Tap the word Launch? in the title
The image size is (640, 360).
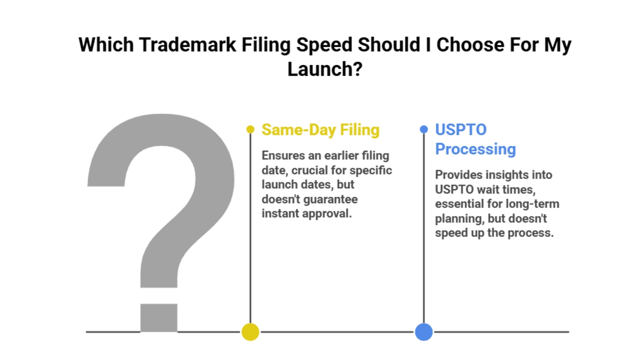point(324,69)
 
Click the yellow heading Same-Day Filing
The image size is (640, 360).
point(320,129)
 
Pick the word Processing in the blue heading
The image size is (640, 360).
point(475,149)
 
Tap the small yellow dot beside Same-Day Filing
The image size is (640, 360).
point(250,129)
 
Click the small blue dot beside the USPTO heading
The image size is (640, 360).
point(423,129)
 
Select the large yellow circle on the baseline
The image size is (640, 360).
point(250,332)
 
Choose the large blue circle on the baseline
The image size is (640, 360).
point(423,332)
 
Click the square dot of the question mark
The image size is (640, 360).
point(159,318)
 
